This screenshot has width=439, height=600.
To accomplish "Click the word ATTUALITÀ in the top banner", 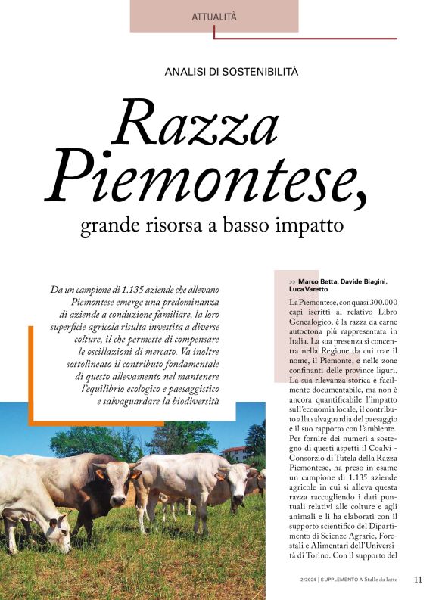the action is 214,16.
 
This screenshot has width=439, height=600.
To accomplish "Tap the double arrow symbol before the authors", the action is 293,282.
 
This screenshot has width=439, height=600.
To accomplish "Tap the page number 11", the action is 419,580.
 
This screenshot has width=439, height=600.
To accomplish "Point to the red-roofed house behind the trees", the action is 234,452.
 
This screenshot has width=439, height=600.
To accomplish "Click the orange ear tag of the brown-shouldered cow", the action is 100,474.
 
